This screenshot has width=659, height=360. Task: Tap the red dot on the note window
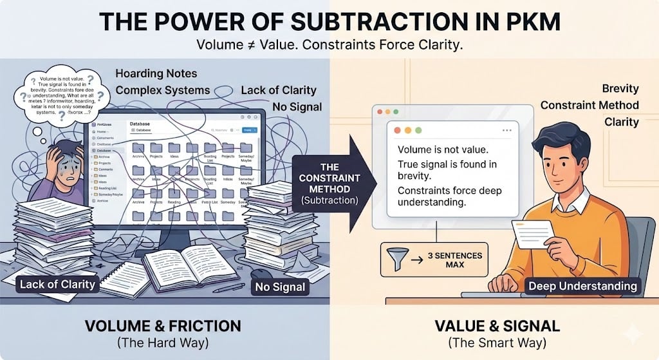point(398,129)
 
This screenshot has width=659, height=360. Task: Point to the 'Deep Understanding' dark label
point(582,285)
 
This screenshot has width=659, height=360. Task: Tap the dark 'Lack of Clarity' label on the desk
point(57,283)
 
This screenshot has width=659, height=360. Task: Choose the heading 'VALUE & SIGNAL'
point(493,326)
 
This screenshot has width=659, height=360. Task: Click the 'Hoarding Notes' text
point(156,73)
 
